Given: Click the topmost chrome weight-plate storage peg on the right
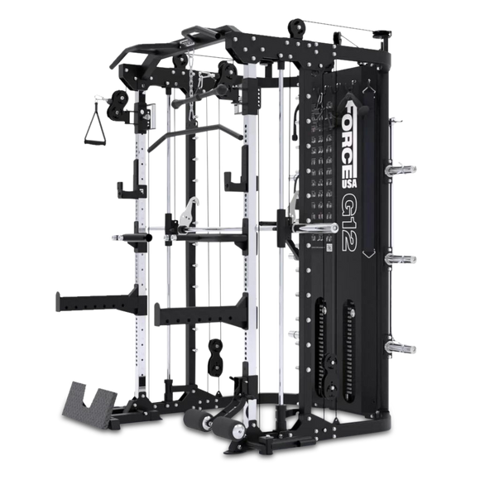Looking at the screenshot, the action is tap(401, 169).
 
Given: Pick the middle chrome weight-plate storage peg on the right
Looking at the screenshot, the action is tap(401, 259).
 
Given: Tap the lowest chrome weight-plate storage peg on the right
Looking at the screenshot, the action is tap(401, 348).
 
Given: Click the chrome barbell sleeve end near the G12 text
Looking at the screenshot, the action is tap(315, 228).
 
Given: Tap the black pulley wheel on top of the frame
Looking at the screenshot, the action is tap(296, 28).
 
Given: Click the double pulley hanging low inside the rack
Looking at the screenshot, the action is tap(215, 358).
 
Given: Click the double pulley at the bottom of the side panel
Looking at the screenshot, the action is tap(331, 376).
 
